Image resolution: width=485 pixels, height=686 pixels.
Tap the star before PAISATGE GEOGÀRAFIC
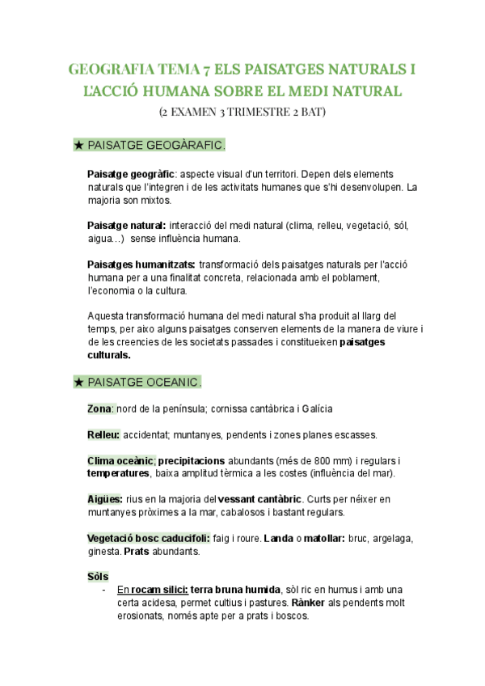(x=78, y=146)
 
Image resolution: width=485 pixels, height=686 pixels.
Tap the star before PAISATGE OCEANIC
(x=78, y=381)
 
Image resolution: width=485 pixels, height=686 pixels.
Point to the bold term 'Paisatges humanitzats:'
(x=141, y=265)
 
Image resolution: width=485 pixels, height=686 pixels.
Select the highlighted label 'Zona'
(x=99, y=409)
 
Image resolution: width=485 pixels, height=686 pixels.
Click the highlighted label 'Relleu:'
(x=103, y=434)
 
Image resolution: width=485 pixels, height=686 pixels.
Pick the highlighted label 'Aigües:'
(x=105, y=499)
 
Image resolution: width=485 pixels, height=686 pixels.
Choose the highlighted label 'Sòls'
(x=97, y=576)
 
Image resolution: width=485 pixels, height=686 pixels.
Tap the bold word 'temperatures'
(x=118, y=473)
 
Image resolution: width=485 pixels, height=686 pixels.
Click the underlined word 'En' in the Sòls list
(x=123, y=590)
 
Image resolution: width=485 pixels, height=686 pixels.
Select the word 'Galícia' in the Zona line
(x=316, y=409)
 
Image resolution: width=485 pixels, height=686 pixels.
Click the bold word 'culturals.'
(x=108, y=355)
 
